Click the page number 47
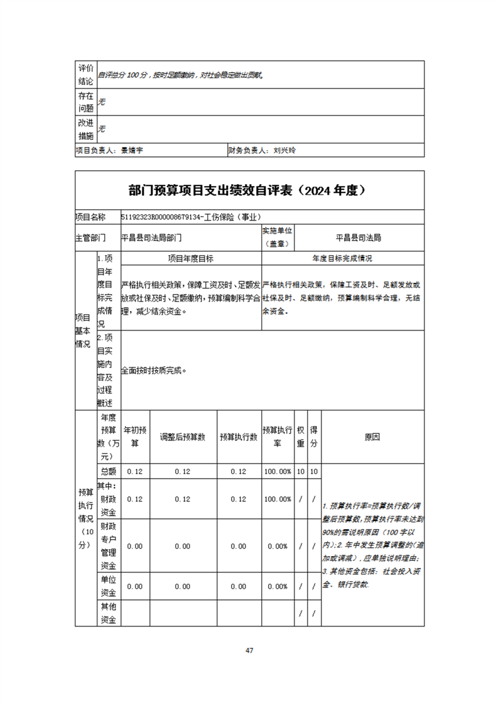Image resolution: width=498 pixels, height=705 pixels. click(x=249, y=650)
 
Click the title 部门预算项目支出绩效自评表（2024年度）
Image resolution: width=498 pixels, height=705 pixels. click(x=249, y=190)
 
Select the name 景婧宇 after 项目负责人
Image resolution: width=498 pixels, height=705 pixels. click(x=133, y=151)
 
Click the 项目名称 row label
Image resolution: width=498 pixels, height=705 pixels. click(x=91, y=217)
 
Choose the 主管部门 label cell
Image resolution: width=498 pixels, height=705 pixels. click(x=91, y=238)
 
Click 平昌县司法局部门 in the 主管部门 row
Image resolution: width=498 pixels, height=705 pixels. click(x=151, y=238)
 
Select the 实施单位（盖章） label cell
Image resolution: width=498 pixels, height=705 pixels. click(x=278, y=237)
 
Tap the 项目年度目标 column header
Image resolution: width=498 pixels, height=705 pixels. click(x=190, y=258)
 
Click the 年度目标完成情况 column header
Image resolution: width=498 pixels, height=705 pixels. click(x=342, y=258)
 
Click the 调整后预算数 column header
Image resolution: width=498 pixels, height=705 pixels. click(x=183, y=437)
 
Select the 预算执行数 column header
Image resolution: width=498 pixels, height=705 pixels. click(x=239, y=437)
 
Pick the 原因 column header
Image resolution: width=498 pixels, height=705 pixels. click(x=372, y=437)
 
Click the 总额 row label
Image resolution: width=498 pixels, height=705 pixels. click(x=108, y=471)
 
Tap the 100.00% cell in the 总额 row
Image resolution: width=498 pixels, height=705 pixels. click(x=277, y=471)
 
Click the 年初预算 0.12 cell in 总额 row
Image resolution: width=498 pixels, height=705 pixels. click(x=134, y=471)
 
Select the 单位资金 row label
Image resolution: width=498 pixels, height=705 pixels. click(x=108, y=586)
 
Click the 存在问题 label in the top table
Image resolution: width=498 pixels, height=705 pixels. click(x=85, y=102)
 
